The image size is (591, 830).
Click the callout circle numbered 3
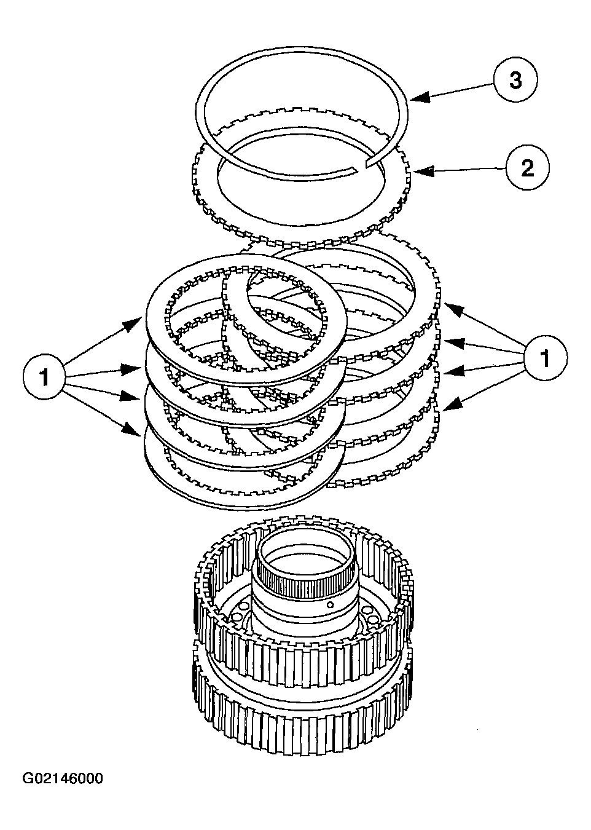(515, 81)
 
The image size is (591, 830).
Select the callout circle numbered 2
(528, 168)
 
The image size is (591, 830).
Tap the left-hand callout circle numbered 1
(44, 377)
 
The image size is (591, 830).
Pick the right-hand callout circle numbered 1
(545, 357)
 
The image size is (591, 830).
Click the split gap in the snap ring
(362, 167)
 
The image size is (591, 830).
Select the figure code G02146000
(63, 778)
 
